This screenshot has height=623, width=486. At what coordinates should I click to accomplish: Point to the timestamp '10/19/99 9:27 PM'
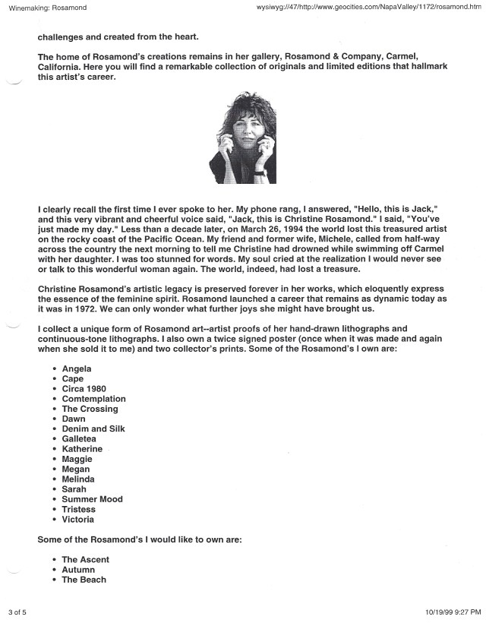(448, 611)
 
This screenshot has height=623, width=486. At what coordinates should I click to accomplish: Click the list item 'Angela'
(77, 368)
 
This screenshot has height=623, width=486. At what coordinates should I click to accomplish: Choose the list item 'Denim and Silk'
(93, 429)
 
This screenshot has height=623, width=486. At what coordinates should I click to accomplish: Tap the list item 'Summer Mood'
(92, 499)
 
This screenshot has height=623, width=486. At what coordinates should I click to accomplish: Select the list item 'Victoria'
(77, 520)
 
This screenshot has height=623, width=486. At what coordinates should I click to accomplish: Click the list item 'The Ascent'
(85, 560)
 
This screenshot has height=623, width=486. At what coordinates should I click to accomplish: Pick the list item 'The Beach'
(84, 580)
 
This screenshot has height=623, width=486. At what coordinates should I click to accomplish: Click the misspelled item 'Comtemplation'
(93, 399)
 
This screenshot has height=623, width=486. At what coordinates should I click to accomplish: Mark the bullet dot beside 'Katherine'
(55, 450)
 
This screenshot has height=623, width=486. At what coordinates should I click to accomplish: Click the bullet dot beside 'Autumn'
(55, 570)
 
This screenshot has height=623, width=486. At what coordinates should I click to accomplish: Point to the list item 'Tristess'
(78, 509)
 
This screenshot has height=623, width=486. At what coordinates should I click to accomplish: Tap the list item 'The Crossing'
(90, 409)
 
